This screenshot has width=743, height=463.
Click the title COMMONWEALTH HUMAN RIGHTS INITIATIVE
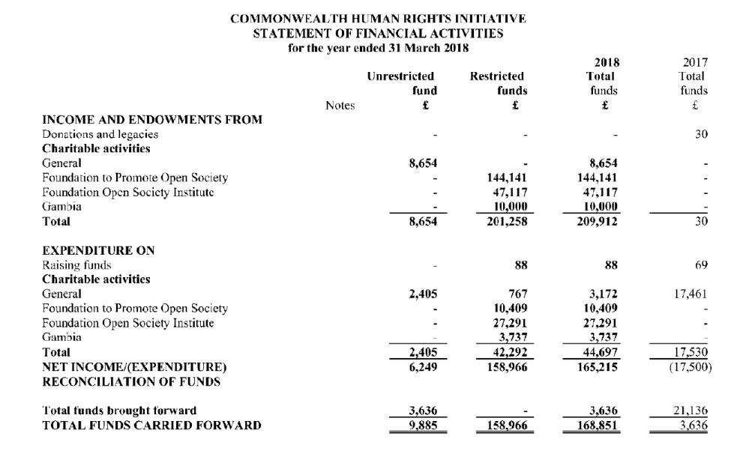(x=378, y=18)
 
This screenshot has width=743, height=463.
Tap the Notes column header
(x=340, y=106)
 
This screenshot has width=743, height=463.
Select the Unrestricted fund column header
(x=401, y=83)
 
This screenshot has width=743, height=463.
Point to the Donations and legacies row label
(x=100, y=134)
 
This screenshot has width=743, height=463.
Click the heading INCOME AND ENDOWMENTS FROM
(x=152, y=120)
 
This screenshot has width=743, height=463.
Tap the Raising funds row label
(x=77, y=264)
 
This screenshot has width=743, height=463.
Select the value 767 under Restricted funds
(x=517, y=294)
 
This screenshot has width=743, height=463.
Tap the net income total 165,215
(x=596, y=367)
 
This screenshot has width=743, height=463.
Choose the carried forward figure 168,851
(x=596, y=426)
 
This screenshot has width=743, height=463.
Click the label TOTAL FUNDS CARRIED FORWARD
(x=152, y=426)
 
